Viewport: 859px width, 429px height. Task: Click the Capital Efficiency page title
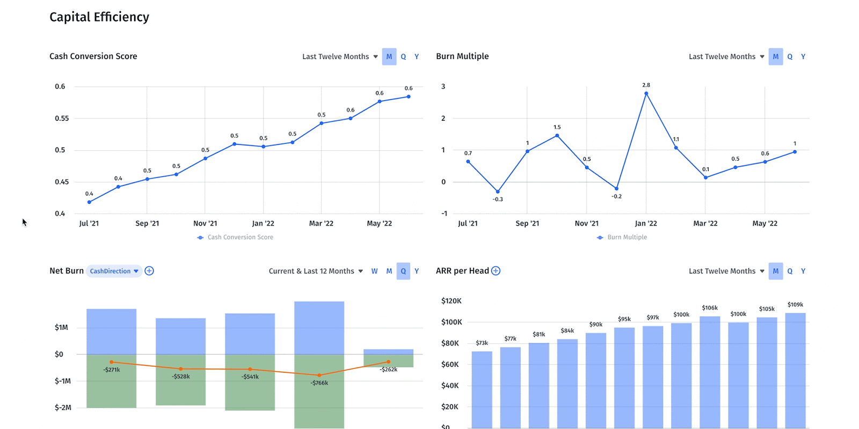[99, 17]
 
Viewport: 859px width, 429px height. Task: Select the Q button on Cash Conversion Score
[403, 57]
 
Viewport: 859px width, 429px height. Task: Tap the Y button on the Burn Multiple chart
[803, 57]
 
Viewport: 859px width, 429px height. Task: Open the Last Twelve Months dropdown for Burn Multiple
[726, 57]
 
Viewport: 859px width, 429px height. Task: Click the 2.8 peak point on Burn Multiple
[646, 93]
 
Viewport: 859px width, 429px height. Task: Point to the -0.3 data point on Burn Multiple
[498, 191]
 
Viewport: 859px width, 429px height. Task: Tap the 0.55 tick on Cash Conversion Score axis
[62, 119]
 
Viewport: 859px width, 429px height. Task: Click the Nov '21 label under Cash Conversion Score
[205, 224]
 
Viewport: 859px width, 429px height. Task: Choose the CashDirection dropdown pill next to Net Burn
[114, 271]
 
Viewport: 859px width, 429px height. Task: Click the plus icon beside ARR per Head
[496, 271]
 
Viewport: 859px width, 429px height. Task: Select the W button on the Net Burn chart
[374, 271]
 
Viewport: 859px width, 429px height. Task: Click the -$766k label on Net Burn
[319, 383]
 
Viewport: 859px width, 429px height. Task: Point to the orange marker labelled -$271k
[112, 362]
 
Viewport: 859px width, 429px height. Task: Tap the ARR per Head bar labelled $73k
[482, 389]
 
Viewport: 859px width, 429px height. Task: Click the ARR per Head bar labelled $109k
[795, 370]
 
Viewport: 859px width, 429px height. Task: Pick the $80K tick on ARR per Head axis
[450, 344]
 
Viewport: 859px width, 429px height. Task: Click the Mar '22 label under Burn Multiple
[705, 224]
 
